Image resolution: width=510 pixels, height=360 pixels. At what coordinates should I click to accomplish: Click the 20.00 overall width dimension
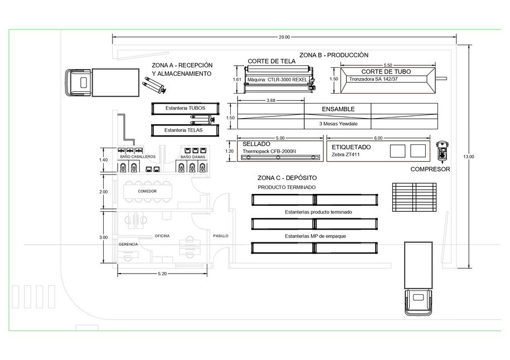[284, 37]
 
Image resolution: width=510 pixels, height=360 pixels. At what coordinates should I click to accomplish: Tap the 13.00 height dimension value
[468, 157]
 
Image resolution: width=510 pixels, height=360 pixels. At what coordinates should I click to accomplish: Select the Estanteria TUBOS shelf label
[186, 108]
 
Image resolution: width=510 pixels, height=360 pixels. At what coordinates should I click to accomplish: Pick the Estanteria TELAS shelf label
[183, 130]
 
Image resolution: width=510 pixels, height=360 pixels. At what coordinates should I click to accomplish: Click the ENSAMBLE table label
[338, 109]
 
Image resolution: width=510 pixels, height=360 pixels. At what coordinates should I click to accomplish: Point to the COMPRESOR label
[430, 169]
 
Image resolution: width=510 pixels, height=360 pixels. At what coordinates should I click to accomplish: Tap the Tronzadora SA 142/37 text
[373, 79]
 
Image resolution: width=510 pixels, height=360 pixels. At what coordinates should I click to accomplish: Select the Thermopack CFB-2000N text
[269, 151]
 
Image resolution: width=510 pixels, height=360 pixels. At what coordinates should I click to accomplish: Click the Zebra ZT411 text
[346, 154]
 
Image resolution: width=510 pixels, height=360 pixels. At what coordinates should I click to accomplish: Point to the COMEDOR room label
[147, 191]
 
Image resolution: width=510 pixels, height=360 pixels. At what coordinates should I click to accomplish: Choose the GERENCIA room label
[128, 244]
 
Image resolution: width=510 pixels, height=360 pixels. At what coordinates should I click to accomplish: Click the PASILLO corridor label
[221, 236]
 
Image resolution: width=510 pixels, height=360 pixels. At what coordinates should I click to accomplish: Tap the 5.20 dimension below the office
[162, 274]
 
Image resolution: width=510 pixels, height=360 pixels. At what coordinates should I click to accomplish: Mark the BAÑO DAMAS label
[193, 157]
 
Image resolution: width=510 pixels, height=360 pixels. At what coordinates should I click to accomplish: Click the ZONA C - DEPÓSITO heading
[287, 178]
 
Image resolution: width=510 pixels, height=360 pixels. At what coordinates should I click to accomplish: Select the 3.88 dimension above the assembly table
[271, 100]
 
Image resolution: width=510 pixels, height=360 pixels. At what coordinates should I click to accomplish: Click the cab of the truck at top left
[78, 82]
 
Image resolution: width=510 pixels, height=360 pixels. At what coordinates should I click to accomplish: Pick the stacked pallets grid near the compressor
[414, 197]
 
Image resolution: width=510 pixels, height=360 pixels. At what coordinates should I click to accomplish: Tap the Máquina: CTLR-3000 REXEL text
[277, 80]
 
